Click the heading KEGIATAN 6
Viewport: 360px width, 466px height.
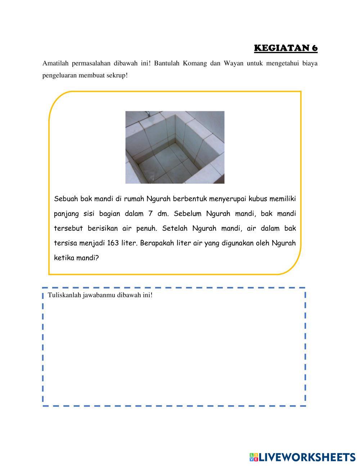point(285,48)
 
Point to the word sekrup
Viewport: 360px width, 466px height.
point(116,76)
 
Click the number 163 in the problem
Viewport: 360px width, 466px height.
point(113,243)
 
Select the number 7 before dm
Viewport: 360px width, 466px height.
point(150,214)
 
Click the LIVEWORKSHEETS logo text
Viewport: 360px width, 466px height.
point(307,457)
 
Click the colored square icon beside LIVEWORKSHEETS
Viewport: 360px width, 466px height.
point(254,457)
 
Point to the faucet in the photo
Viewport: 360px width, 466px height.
point(148,114)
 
